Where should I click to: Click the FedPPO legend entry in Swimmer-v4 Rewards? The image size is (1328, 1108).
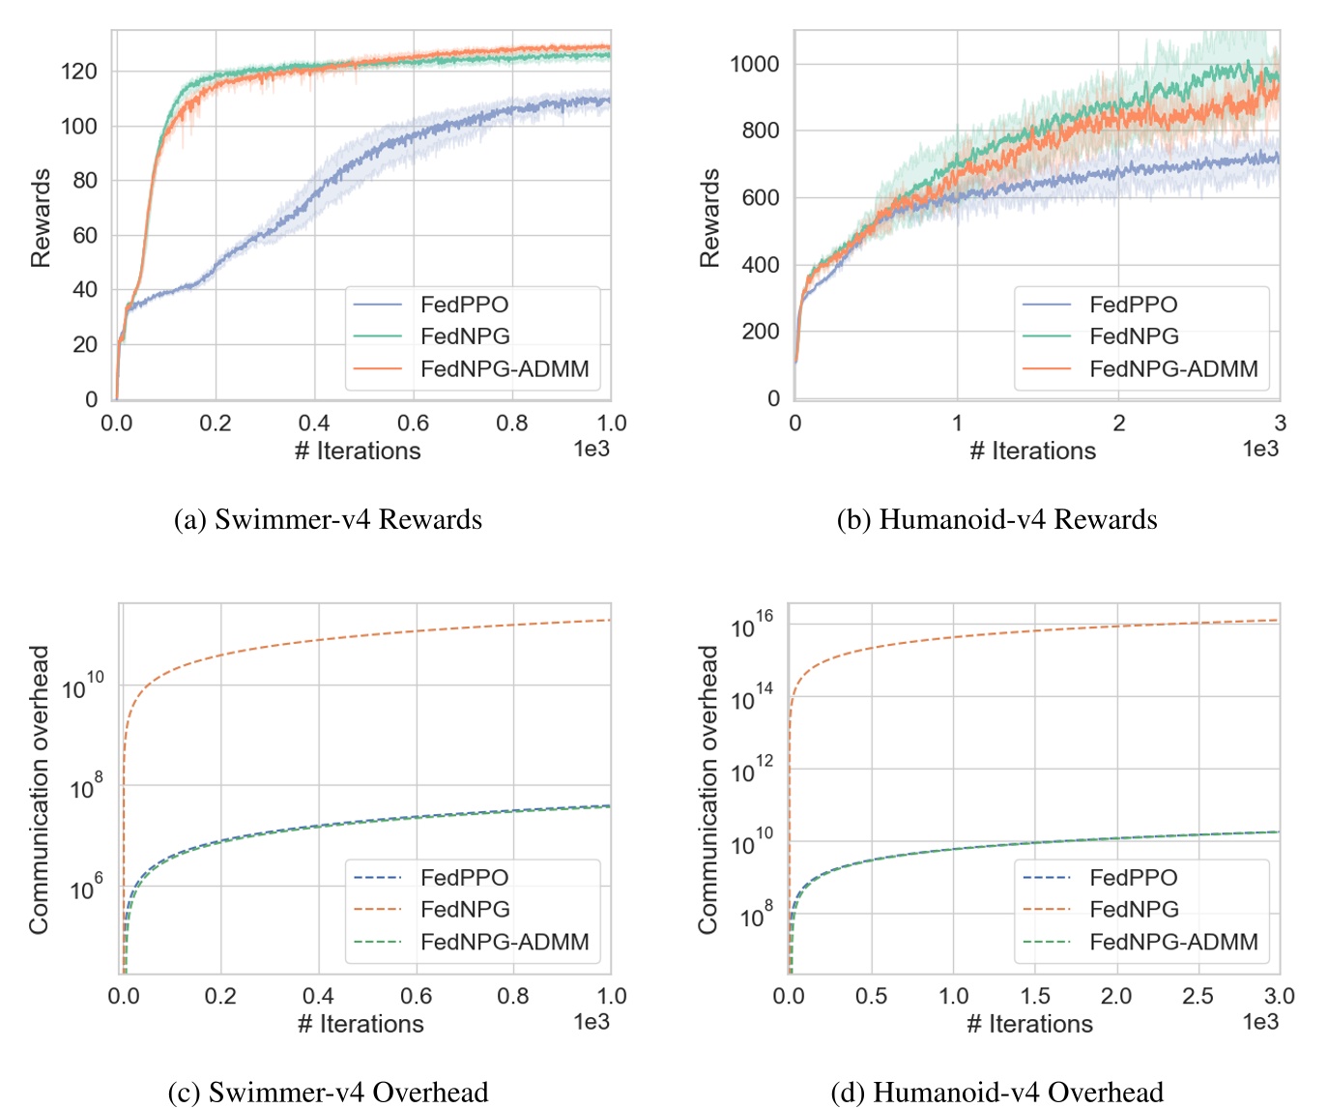tap(463, 305)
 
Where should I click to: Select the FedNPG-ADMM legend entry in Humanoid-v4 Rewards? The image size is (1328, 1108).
tap(1172, 369)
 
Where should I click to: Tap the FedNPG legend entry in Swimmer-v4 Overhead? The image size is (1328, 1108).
tap(464, 910)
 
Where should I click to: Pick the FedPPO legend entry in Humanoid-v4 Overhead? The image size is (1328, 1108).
tap(1133, 878)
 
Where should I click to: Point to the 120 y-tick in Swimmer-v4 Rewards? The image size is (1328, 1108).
tap(78, 72)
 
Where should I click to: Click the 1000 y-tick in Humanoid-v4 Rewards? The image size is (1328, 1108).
tap(754, 65)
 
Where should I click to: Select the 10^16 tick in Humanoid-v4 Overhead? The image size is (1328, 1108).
tap(752, 625)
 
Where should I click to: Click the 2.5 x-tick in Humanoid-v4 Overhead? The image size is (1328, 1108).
tap(1198, 997)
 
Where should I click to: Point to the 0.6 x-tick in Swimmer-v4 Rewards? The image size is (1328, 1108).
tap(413, 423)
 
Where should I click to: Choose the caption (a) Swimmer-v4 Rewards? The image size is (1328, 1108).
tap(328, 520)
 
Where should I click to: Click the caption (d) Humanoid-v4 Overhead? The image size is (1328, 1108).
tap(996, 1093)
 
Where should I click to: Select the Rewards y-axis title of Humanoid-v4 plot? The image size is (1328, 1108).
tap(710, 218)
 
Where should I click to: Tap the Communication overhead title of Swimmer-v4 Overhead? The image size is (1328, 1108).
tap(39, 789)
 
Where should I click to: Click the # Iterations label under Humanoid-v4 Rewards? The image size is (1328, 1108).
tap(1032, 452)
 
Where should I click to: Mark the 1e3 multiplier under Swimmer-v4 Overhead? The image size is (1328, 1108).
tap(591, 1022)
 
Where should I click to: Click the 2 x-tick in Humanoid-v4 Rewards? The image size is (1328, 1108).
tap(1118, 423)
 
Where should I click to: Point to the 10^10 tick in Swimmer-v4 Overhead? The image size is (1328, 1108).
tap(82, 686)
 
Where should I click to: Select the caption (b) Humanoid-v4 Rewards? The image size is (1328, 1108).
tap(996, 520)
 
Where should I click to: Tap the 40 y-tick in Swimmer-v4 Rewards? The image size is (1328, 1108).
tap(85, 290)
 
